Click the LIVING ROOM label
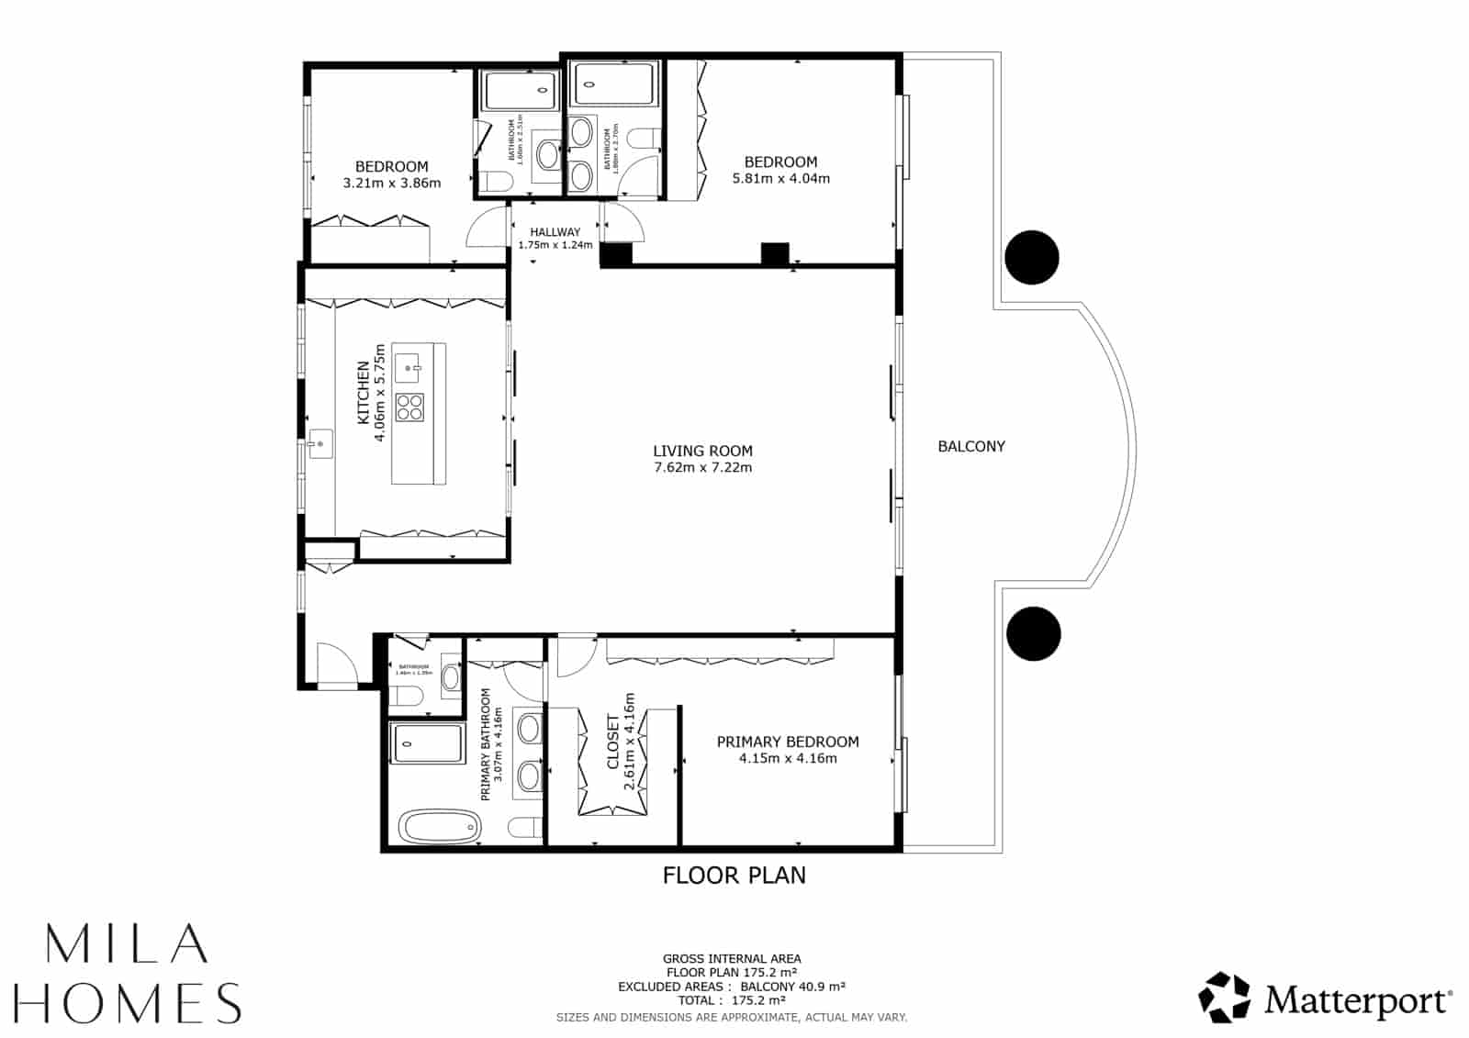coord(702,451)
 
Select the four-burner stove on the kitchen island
coord(409,407)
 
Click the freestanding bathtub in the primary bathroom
coord(439,827)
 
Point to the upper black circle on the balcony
coord(1031,257)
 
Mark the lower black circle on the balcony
coord(1033,633)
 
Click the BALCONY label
coord(970,446)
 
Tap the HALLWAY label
coord(555,232)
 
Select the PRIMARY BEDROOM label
coord(788,742)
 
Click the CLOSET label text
coord(612,742)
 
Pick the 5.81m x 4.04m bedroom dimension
coord(780,179)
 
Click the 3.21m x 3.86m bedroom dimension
coord(391,183)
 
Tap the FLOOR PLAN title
coord(734,875)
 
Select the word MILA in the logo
coord(125,944)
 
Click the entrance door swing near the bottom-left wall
coord(332,663)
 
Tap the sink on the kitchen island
coord(408,366)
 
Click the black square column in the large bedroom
coord(775,254)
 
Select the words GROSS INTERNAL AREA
coord(732,959)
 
